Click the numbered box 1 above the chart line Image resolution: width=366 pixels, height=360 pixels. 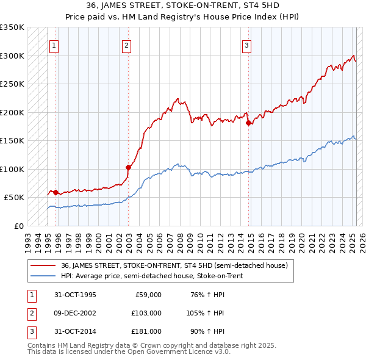[x=54, y=45]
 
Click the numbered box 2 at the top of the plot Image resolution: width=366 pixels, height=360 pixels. [x=126, y=45]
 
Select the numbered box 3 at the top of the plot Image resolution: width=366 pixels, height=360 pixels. [x=246, y=45]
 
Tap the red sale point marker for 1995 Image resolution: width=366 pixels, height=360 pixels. [x=56, y=192]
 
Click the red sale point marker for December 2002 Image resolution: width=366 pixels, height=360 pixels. [x=129, y=167]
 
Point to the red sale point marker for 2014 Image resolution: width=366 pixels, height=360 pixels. [x=248, y=123]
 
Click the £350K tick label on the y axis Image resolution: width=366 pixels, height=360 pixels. [x=12, y=27]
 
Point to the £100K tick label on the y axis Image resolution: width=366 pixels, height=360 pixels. [x=12, y=169]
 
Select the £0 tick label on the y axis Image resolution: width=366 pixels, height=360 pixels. [x=18, y=226]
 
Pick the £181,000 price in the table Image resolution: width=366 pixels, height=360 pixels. [x=146, y=331]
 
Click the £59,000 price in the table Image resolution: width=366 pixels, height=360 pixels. [x=148, y=295]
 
